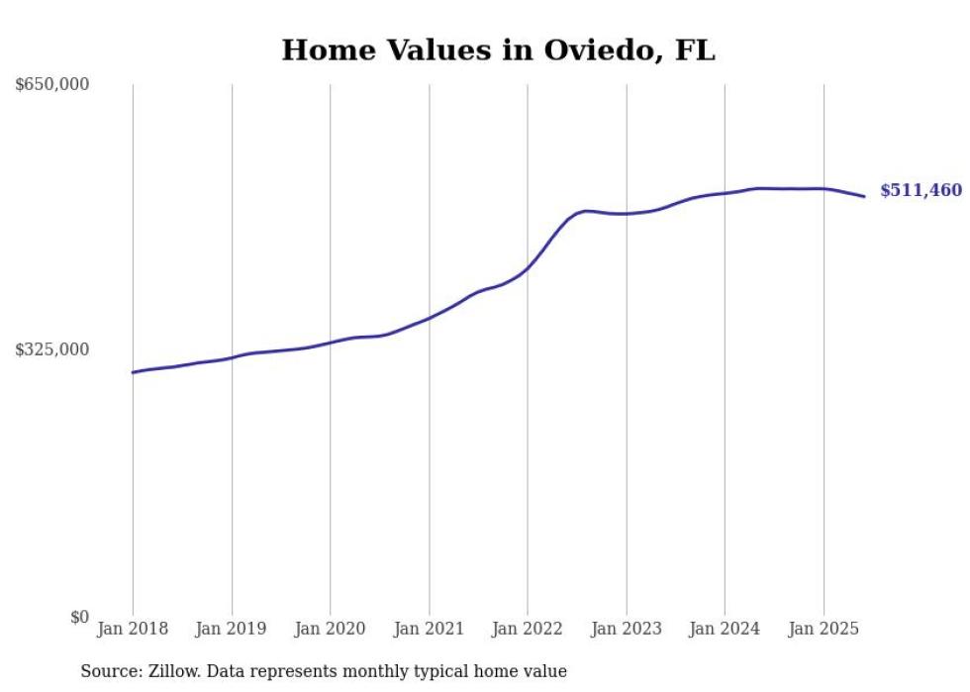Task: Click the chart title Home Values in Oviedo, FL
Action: click(498, 50)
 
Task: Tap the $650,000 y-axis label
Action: click(52, 85)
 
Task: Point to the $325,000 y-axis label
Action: click(52, 349)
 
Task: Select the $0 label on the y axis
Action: click(79, 617)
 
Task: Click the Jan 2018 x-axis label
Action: click(133, 629)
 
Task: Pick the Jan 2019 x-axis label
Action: click(232, 629)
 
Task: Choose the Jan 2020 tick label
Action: click(331, 629)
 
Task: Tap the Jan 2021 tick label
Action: click(429, 629)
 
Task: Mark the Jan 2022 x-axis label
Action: click(528, 629)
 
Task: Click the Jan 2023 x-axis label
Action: click(626, 629)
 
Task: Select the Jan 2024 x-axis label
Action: click(725, 629)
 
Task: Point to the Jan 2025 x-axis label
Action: click(823, 629)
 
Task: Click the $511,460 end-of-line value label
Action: click(921, 190)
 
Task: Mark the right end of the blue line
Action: click(864, 196)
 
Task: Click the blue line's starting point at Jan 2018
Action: click(133, 372)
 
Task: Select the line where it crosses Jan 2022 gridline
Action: click(528, 268)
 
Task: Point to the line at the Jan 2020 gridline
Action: click(331, 342)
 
